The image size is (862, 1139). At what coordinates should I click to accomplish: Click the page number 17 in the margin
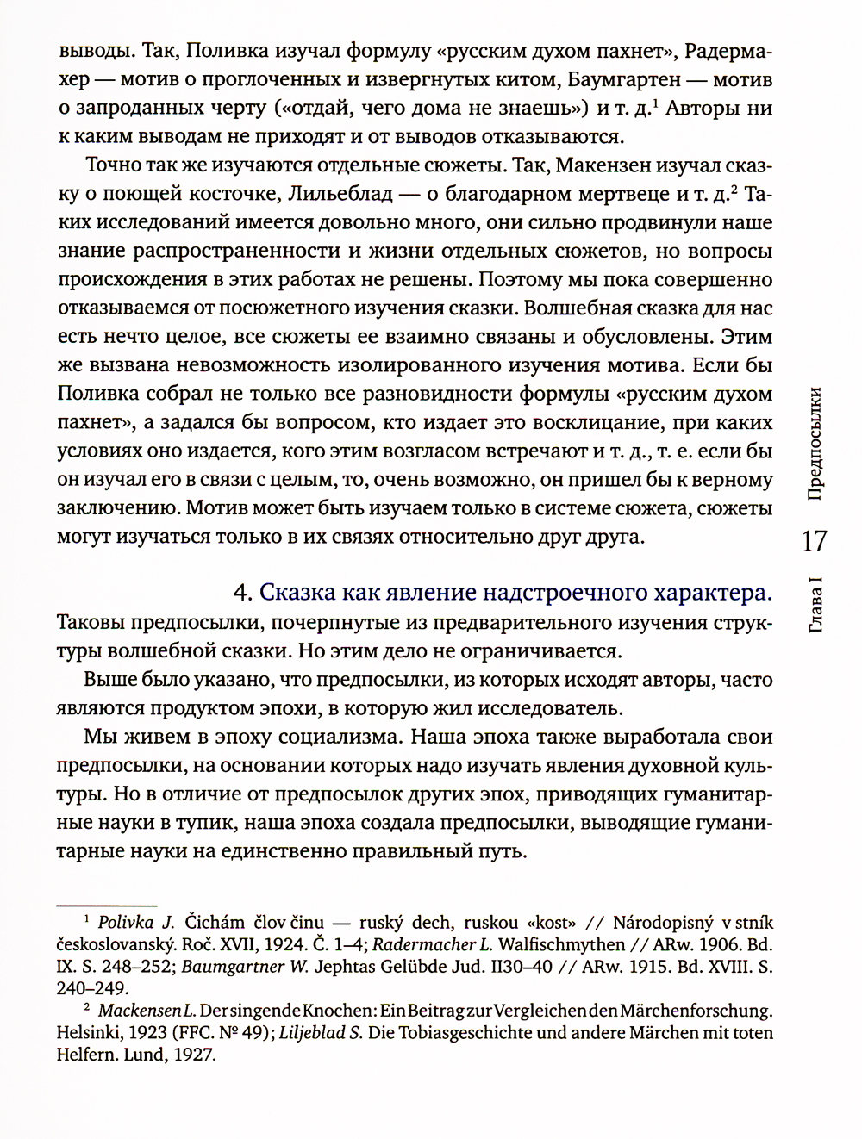(814, 541)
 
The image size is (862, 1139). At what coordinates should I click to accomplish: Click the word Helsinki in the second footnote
(89, 1032)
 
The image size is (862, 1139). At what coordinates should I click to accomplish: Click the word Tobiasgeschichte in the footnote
(482, 1032)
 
